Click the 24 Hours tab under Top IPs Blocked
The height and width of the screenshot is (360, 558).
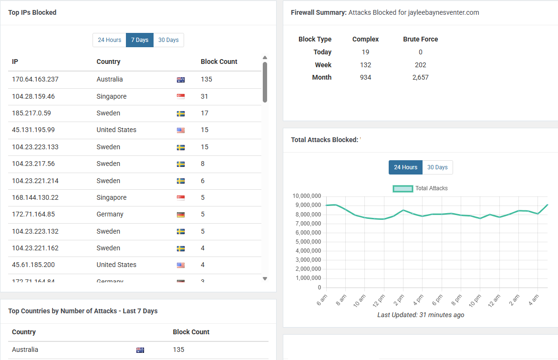click(109, 40)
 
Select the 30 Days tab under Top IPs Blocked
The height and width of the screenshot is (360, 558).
click(169, 40)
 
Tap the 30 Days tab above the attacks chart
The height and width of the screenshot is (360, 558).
click(437, 167)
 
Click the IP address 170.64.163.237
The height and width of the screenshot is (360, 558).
click(35, 79)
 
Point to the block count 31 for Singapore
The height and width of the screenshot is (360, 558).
click(204, 96)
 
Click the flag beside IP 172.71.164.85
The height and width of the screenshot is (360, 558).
click(181, 215)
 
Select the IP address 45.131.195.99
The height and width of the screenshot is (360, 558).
click(33, 130)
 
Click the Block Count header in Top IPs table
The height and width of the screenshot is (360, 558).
click(219, 62)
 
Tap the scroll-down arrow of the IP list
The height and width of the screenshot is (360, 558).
click(265, 278)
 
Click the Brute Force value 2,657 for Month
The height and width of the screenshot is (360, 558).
click(420, 77)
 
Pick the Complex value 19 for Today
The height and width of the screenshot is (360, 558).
click(365, 52)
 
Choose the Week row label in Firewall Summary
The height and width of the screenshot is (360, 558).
click(323, 65)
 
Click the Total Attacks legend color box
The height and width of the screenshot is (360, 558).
click(403, 188)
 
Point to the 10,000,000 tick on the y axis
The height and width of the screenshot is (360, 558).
click(307, 196)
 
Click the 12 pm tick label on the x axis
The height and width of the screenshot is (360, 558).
click(379, 300)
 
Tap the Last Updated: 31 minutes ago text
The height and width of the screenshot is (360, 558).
click(421, 315)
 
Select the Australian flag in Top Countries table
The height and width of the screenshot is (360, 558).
click(140, 350)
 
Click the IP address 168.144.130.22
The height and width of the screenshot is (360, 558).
click(35, 197)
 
